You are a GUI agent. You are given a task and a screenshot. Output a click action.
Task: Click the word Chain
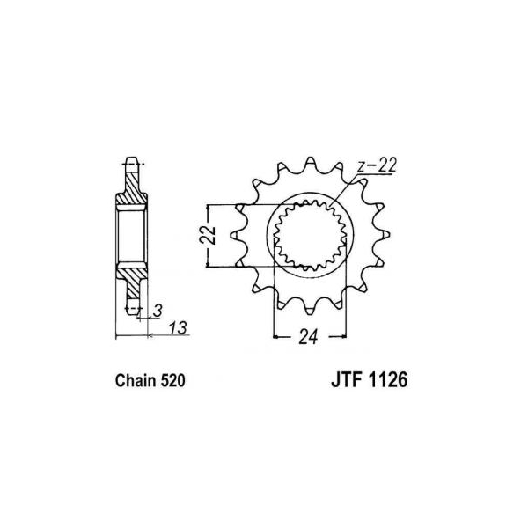pyautogui.click(x=136, y=381)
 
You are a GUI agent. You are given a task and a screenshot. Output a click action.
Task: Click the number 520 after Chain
pyautogui.click(x=172, y=381)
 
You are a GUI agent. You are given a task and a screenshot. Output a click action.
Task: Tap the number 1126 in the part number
pyautogui.click(x=388, y=380)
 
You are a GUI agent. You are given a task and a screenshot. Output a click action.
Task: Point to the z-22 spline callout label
pyautogui.click(x=378, y=165)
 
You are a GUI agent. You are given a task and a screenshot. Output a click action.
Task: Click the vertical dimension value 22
pyautogui.click(x=208, y=234)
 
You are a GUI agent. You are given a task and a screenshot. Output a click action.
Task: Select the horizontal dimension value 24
pyautogui.click(x=308, y=336)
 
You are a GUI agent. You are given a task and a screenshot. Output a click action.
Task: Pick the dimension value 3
pyautogui.click(x=158, y=311)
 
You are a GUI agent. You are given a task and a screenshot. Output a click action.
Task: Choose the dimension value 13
pyautogui.click(x=178, y=327)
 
